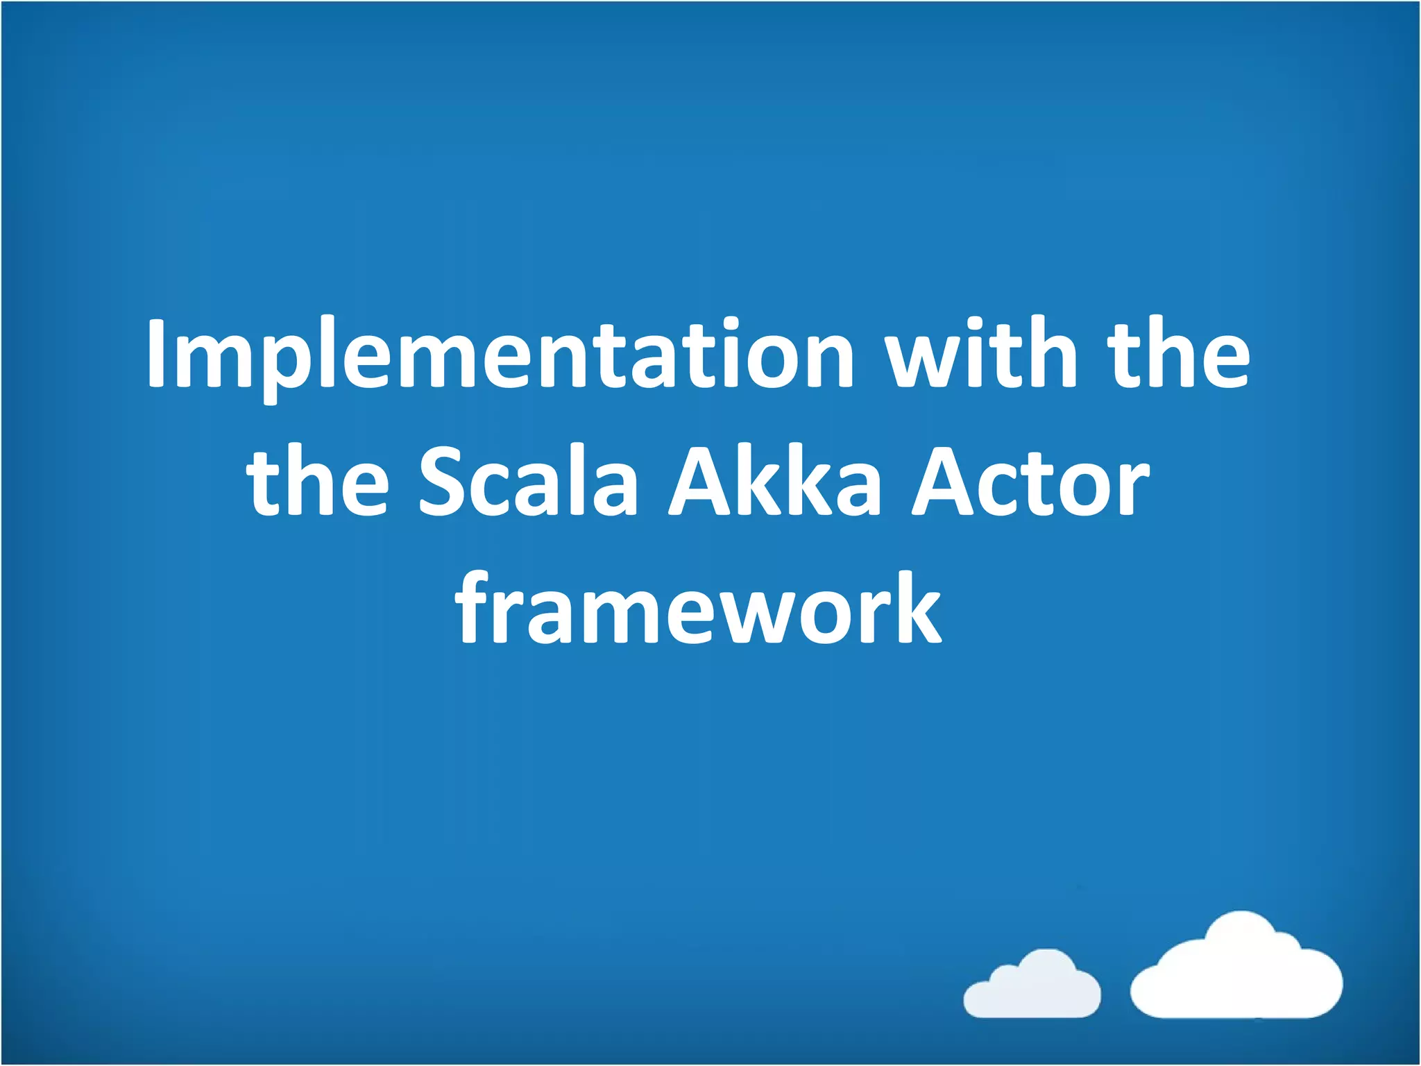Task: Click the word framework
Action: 698,608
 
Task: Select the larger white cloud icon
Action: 1236,968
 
